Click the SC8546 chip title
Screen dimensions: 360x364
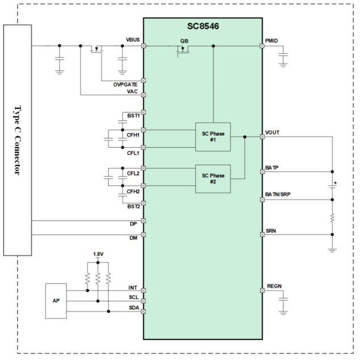coord(203,26)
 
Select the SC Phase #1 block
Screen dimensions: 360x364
coord(213,137)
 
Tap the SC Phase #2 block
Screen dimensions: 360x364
coord(213,178)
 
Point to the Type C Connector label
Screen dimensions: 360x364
coord(16,140)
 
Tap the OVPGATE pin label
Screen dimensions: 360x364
coord(125,85)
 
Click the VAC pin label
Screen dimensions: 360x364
coord(132,91)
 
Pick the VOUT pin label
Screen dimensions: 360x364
coord(272,132)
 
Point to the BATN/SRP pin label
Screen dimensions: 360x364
coord(278,195)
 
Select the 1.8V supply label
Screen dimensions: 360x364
coord(98,254)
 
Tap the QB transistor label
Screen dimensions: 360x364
coord(183,41)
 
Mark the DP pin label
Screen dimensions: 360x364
coord(134,224)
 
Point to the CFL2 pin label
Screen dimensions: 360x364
coord(133,173)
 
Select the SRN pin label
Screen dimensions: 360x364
coord(271,231)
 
